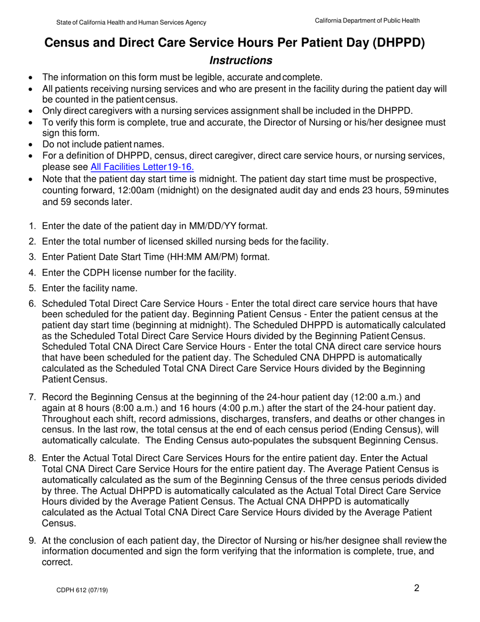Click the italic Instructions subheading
coord(241,61)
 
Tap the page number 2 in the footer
coord(416,588)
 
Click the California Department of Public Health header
coord(367,20)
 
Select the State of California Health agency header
coord(131,23)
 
